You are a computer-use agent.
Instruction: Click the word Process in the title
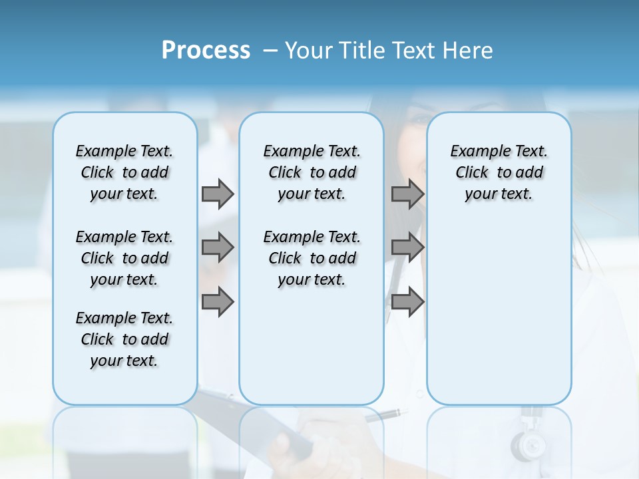206,51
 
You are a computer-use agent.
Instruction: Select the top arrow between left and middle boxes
218,194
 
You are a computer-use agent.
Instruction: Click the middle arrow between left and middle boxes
218,247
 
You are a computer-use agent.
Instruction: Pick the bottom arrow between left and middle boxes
218,301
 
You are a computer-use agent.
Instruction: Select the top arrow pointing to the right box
407,194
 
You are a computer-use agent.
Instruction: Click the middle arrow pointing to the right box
407,247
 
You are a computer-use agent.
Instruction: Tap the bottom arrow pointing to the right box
407,301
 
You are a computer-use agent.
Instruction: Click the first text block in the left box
124,172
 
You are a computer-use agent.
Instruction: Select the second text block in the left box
124,258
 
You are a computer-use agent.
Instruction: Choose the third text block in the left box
124,339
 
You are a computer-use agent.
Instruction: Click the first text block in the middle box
312,172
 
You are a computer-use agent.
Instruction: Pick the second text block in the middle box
312,258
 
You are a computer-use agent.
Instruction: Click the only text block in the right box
499,172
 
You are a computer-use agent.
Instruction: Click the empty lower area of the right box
499,319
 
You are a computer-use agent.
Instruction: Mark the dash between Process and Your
270,51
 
